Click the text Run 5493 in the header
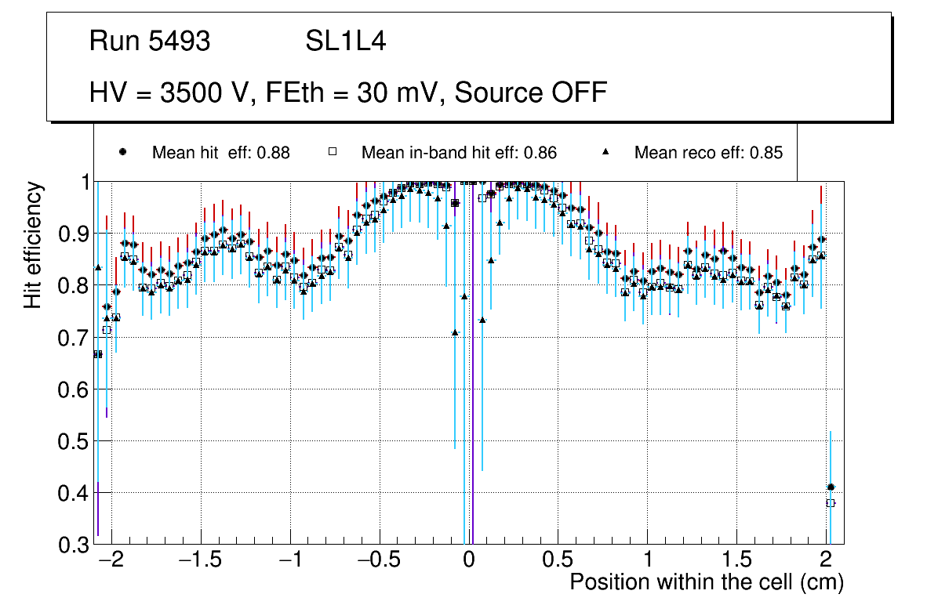150,42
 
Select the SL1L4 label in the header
345,42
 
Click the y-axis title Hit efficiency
33,245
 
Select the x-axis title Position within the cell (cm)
706,582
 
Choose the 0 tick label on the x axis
468,561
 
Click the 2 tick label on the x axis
825,561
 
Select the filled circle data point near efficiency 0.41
831,487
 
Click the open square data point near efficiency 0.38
831,503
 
